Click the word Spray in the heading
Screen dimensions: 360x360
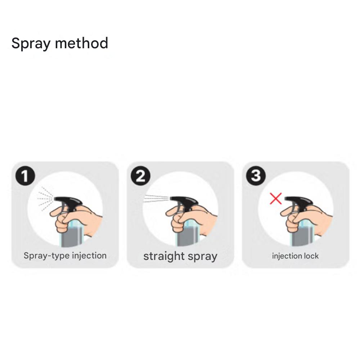[x=31, y=43]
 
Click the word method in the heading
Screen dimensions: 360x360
[x=81, y=43]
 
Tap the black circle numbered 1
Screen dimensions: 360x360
[x=25, y=176]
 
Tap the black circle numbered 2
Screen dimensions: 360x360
[x=140, y=176]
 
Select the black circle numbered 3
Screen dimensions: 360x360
[x=256, y=176]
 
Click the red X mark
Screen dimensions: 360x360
[x=276, y=199]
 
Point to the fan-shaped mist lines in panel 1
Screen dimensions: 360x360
[x=45, y=199]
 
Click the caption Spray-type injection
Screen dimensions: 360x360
[x=65, y=256]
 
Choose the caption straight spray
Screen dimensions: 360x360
[x=180, y=256]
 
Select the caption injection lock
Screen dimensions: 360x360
[x=295, y=256]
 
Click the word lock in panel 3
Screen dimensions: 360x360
[x=311, y=256]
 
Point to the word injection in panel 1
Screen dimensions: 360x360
[x=89, y=256]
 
